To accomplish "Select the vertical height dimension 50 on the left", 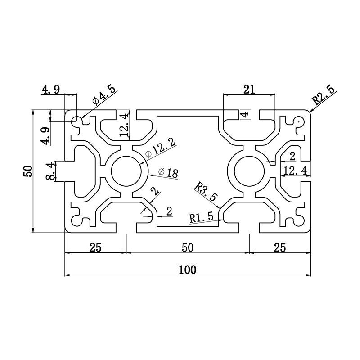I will pos(28,171).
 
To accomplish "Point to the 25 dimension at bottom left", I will pos(95,247).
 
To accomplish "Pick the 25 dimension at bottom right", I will pos(280,247).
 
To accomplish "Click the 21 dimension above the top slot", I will pos(249,89).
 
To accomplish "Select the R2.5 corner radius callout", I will pos(324,95).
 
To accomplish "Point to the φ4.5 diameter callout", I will pos(104,96).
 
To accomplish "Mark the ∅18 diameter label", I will pos(169,172).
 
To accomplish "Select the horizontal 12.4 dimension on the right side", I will pos(295,170).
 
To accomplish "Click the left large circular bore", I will pos(127,171).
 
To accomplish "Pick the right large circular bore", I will pos(249,171).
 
